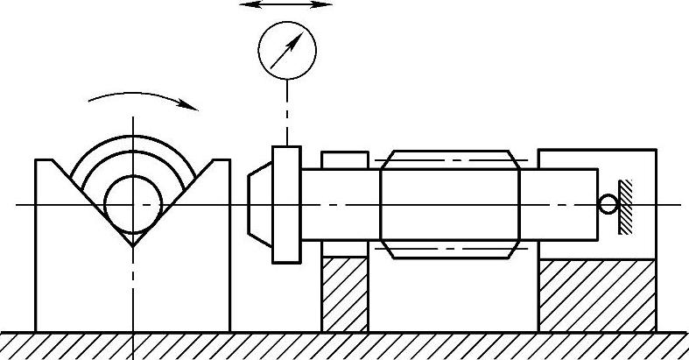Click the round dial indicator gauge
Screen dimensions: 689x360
pyautogui.click(x=286, y=51)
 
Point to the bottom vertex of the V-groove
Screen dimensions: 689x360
pyautogui.click(x=132, y=246)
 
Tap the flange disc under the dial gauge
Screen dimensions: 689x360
pyautogui.click(x=286, y=204)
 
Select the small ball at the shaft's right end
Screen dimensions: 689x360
pyautogui.click(x=608, y=204)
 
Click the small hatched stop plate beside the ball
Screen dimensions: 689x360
pyautogui.click(x=626, y=206)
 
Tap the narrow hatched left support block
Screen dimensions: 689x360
pyautogui.click(x=344, y=293)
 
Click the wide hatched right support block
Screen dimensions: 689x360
pyautogui.click(x=596, y=295)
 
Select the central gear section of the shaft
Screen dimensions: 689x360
pyautogui.click(x=450, y=204)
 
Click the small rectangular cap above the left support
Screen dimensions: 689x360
pyautogui.click(x=344, y=159)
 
